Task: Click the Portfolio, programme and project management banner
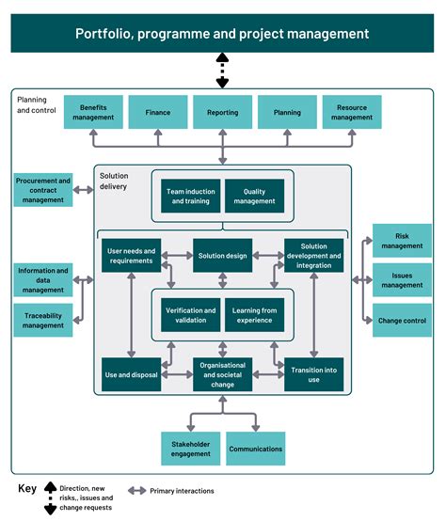coord(223,34)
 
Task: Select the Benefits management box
coord(92,112)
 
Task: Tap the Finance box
coord(157,112)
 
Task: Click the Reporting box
coord(222,112)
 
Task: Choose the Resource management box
coord(351,112)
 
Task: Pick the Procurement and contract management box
coord(43,190)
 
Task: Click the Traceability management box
coord(43,321)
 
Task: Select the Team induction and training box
coord(190,197)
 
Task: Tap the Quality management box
coord(254,197)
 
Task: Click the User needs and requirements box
coord(131,256)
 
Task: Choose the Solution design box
coord(222,256)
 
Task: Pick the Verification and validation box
coord(190,315)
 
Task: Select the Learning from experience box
coord(254,315)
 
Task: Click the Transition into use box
coord(314,373)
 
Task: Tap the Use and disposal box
coord(131,373)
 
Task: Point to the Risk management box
coord(402,241)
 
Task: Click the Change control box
coord(402,321)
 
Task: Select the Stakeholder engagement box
coord(190,449)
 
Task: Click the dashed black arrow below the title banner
coord(223,71)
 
